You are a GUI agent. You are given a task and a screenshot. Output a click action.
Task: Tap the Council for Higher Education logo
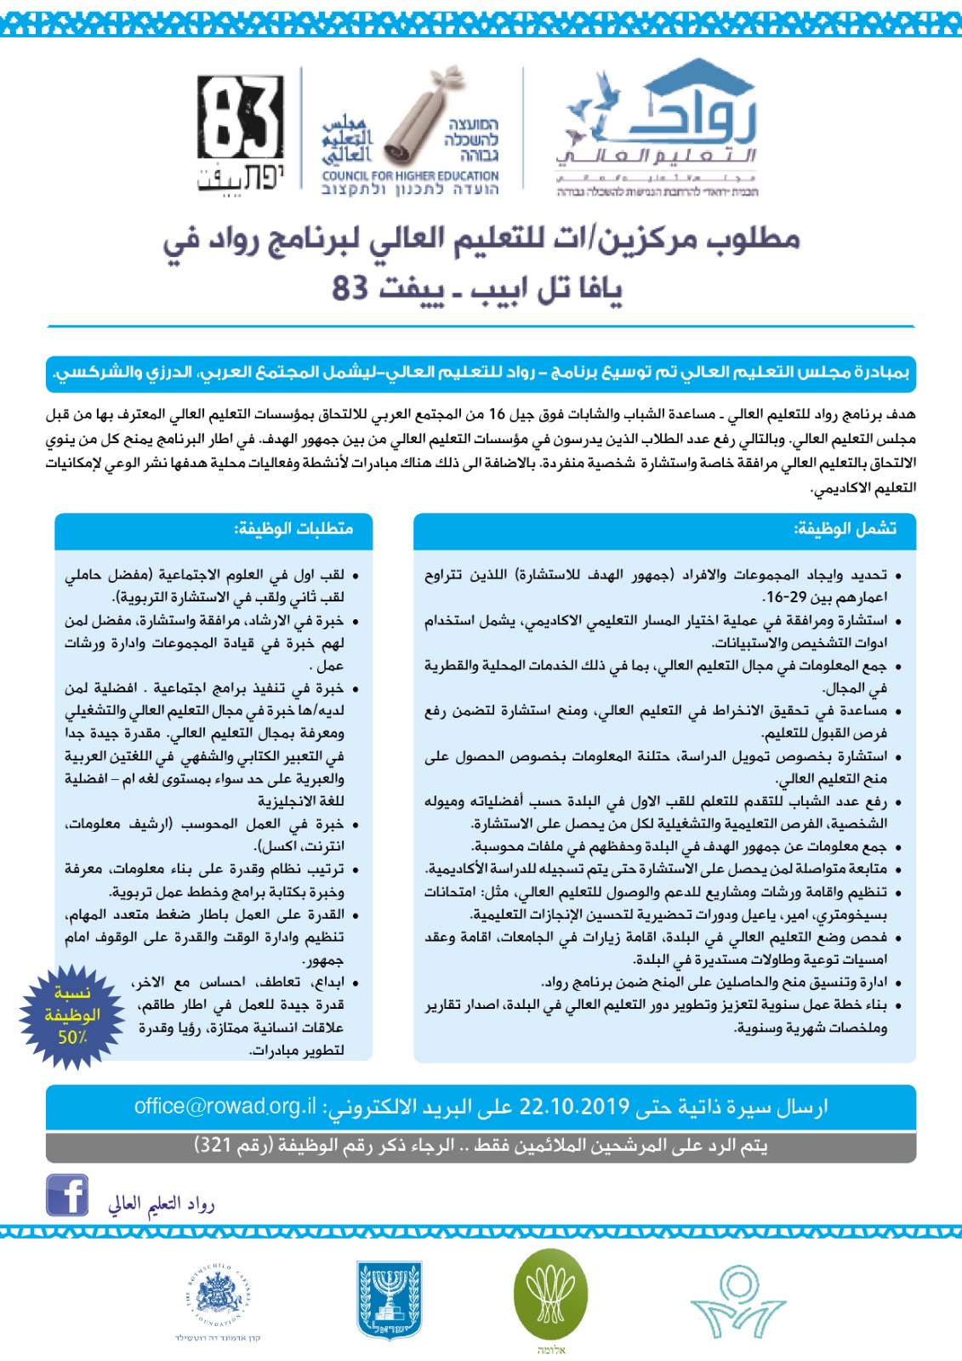click(x=410, y=136)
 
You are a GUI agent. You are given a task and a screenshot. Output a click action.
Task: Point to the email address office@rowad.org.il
click(x=225, y=1107)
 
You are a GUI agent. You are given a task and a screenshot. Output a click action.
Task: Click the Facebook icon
click(x=67, y=1195)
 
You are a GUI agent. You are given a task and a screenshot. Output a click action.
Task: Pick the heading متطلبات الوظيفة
click(x=293, y=529)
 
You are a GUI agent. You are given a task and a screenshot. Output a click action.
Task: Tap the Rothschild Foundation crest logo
click(x=219, y=1296)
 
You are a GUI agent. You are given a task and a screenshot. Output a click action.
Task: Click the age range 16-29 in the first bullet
click(x=785, y=597)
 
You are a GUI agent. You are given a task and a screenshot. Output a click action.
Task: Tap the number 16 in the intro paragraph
click(x=498, y=415)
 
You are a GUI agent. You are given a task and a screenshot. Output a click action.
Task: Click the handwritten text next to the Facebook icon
click(x=162, y=1203)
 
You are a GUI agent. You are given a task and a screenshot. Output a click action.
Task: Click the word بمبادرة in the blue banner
click(x=877, y=373)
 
